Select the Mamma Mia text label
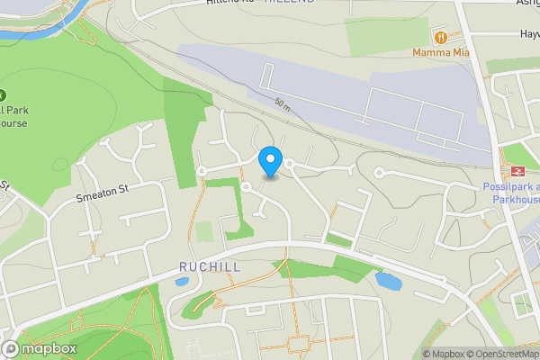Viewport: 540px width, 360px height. point(441,52)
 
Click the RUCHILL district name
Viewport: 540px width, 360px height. point(210,267)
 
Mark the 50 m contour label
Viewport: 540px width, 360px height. point(283,105)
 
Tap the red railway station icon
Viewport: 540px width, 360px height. point(517,172)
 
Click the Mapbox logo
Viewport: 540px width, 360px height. point(40,348)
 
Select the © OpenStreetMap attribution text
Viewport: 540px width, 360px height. point(506,354)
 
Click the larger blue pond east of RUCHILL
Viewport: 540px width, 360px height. point(388,281)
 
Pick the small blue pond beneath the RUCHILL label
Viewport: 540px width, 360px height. point(182,282)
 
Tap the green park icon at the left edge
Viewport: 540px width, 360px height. point(3,95)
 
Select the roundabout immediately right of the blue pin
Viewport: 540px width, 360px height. point(291,163)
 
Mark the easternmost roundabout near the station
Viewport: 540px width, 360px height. point(379,173)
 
